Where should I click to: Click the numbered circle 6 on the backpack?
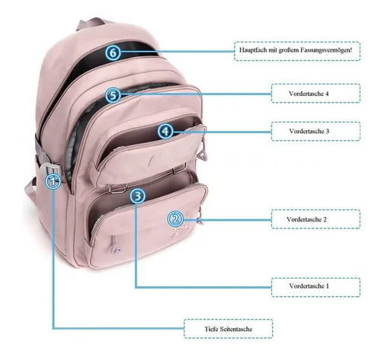113,53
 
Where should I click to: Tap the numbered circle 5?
113,95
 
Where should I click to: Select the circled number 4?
165,132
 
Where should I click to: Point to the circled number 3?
138,196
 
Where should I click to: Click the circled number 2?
175,218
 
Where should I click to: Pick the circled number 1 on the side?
53,181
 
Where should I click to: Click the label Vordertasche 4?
309,94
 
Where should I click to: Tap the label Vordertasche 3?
309,131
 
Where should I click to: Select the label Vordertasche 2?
306,219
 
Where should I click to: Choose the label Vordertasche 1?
309,286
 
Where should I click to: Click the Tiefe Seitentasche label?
229,329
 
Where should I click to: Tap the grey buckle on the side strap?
50,168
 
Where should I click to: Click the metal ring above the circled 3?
117,188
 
